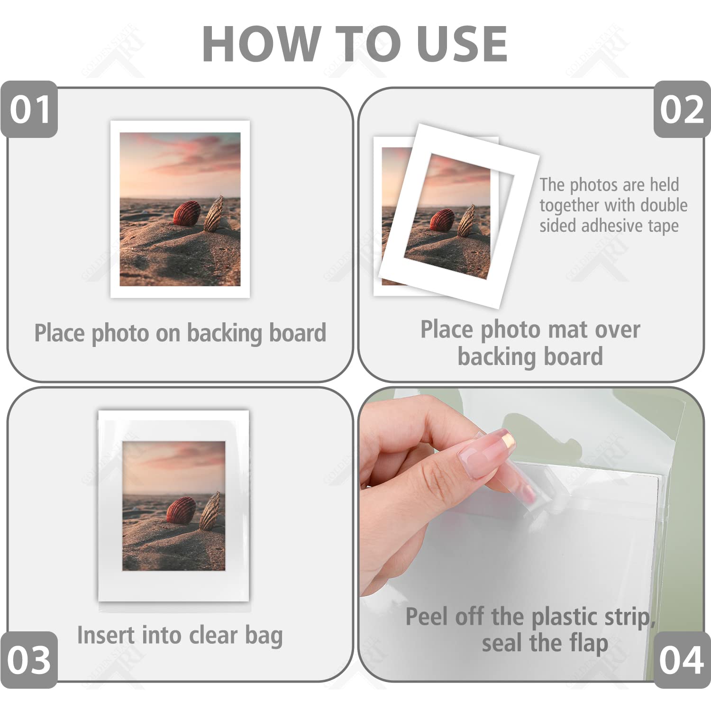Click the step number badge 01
pyautogui.click(x=29, y=109)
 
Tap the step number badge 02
pyautogui.click(x=682, y=109)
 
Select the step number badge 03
pyautogui.click(x=28, y=659)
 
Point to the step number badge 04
pyautogui.click(x=682, y=659)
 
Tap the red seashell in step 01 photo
pyautogui.click(x=187, y=214)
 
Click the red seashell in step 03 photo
pyautogui.click(x=181, y=510)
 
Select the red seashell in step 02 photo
pyautogui.click(x=442, y=220)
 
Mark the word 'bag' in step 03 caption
pyautogui.click(x=264, y=636)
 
